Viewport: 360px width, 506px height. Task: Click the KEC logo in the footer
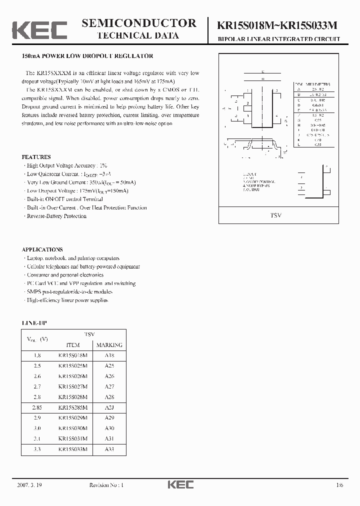click(180, 484)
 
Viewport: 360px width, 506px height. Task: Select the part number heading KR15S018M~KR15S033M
click(279, 24)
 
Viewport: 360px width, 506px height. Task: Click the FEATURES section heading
click(36, 156)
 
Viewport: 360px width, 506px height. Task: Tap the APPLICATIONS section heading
click(42, 249)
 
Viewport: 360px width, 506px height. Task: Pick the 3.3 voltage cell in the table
click(37, 449)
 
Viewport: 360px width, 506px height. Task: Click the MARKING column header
click(109, 345)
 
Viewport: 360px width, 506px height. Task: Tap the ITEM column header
click(73, 345)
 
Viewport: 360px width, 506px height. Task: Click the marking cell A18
click(109, 355)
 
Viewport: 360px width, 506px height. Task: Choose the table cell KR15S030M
click(72, 428)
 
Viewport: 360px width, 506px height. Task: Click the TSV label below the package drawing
click(275, 215)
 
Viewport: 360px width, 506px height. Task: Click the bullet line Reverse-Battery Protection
click(56, 216)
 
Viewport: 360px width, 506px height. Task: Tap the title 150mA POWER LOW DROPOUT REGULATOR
click(87, 56)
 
